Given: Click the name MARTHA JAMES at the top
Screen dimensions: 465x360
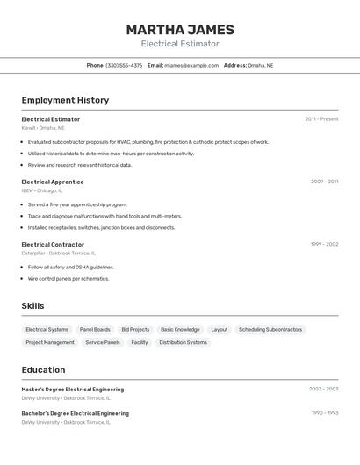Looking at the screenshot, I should [x=179, y=29].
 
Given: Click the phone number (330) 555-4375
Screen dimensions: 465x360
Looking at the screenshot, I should [x=124, y=65].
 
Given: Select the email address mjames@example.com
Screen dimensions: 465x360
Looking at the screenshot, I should [x=191, y=65].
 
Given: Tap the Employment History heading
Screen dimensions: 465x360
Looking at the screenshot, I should [x=65, y=100].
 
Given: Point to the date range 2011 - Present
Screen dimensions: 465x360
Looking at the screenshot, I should [x=321, y=119].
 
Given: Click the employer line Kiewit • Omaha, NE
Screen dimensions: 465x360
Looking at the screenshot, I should [x=43, y=128].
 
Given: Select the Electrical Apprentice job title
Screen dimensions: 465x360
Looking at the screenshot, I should [x=53, y=182].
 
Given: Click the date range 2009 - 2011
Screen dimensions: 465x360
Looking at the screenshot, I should [x=324, y=182].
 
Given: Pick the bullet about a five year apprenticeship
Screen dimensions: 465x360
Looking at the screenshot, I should [x=77, y=204].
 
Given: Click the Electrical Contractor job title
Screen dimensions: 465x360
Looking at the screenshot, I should [x=53, y=245].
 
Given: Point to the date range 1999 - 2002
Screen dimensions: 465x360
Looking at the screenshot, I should [x=324, y=245].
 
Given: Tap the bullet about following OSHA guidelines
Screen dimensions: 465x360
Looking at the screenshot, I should [x=71, y=267].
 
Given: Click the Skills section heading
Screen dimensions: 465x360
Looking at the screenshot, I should [x=33, y=306].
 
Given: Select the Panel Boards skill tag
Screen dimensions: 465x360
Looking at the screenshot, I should [x=95, y=330].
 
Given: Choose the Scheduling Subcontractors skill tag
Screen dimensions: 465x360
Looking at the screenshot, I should [x=270, y=330].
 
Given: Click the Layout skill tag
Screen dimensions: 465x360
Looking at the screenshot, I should [x=219, y=330].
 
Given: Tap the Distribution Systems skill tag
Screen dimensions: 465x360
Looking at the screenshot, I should [x=183, y=342].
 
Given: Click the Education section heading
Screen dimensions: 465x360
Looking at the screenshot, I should [x=43, y=370].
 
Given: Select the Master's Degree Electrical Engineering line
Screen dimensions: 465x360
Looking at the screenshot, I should [x=73, y=389].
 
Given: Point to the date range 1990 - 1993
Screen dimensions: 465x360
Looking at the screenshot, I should [x=324, y=412].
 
